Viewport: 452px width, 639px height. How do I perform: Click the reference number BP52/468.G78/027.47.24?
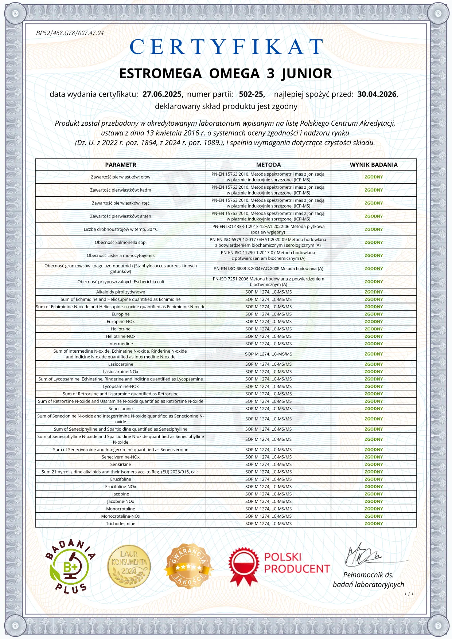[70, 33]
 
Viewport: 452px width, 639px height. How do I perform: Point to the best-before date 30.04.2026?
[377, 94]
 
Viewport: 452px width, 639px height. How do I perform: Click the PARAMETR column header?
[121, 165]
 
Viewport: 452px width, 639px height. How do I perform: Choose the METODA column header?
[268, 165]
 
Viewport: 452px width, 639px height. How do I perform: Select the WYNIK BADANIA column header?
[374, 165]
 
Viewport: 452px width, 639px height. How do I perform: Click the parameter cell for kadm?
[121, 190]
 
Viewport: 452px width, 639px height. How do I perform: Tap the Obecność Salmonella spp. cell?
[121, 242]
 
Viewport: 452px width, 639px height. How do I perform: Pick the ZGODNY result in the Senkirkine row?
[374, 464]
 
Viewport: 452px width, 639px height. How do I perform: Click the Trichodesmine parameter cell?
[121, 524]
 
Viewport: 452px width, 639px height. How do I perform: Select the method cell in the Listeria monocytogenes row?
[268, 255]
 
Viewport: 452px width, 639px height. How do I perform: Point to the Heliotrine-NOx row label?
[121, 336]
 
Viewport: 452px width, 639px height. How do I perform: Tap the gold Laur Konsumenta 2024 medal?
[129, 566]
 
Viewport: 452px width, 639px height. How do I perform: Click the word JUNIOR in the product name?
[307, 74]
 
